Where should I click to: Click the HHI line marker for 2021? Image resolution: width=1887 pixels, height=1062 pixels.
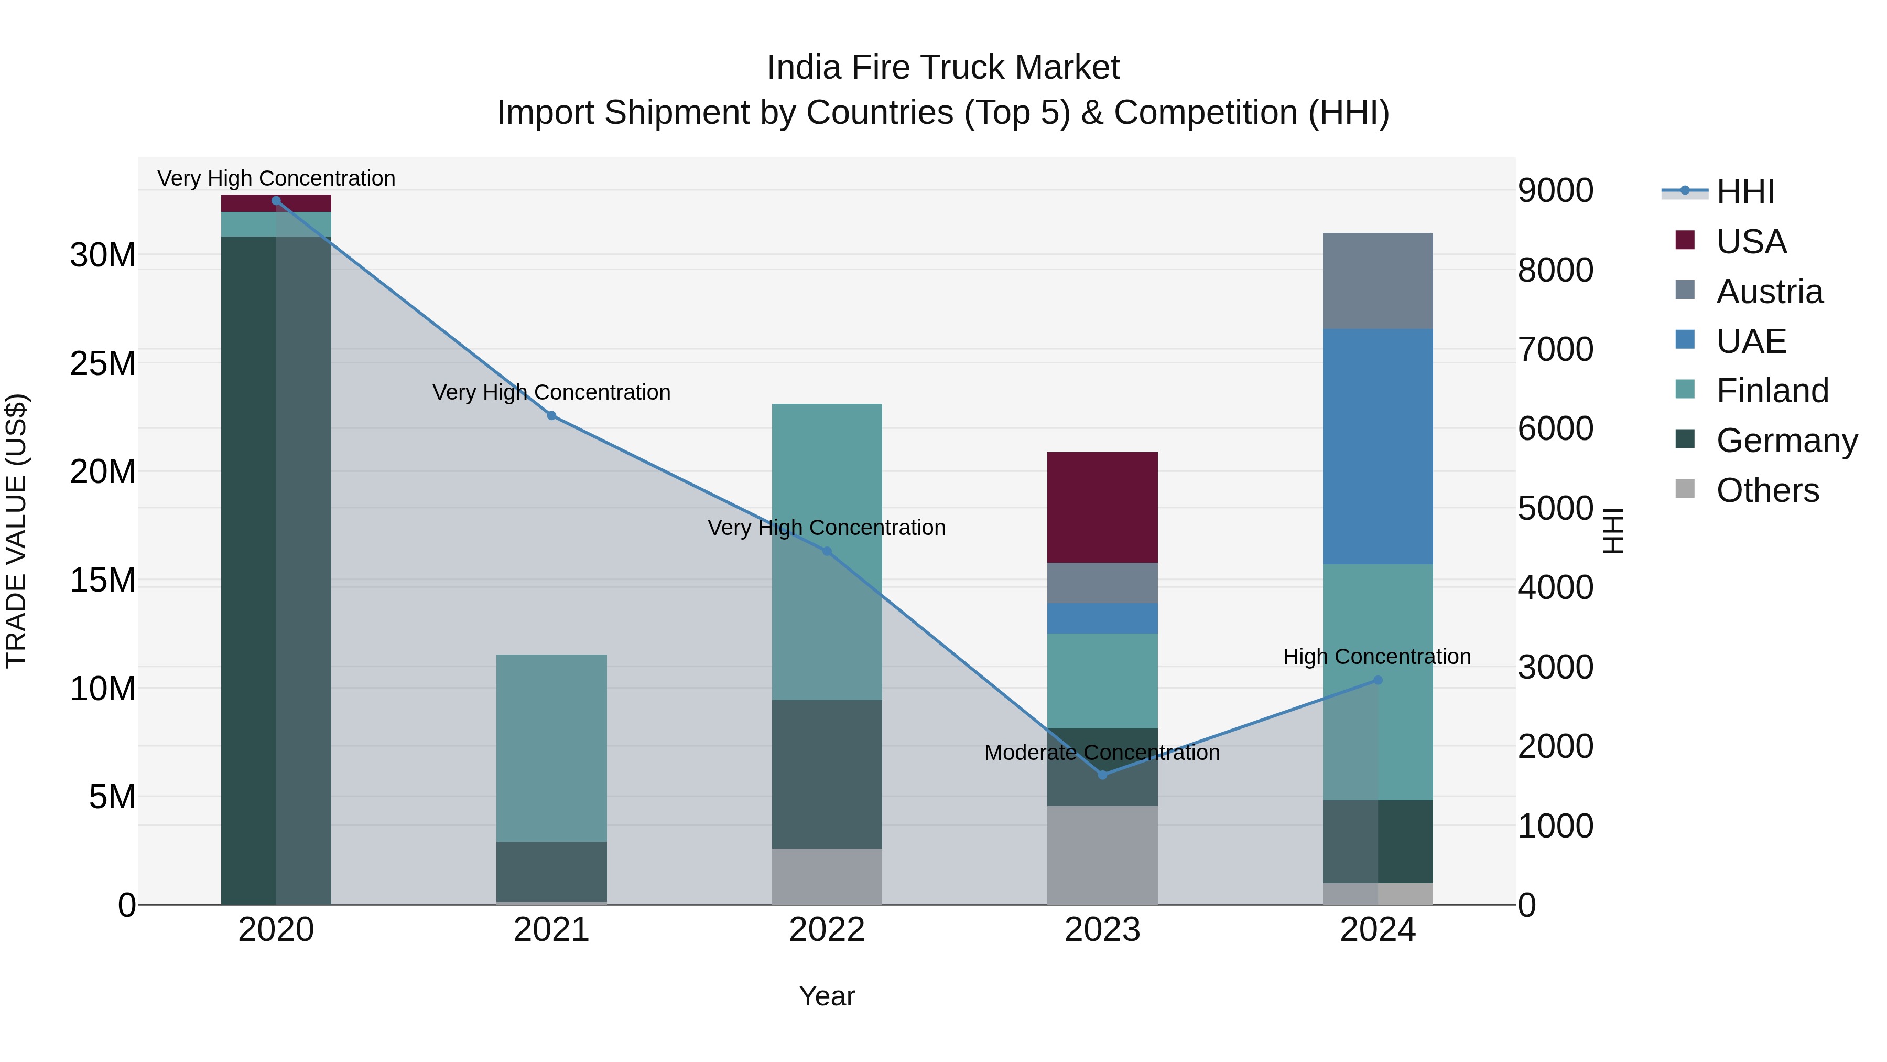pyautogui.click(x=551, y=415)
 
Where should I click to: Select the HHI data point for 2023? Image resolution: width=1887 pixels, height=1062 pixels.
pyautogui.click(x=1102, y=775)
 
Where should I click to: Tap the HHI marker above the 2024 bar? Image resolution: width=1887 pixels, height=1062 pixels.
pyautogui.click(x=1377, y=680)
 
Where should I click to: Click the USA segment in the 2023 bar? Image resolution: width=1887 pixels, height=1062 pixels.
pyautogui.click(x=1102, y=507)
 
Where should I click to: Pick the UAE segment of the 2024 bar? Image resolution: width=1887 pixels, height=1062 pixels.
pyautogui.click(x=1377, y=446)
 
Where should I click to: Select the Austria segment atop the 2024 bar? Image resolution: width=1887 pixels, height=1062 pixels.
pyautogui.click(x=1377, y=281)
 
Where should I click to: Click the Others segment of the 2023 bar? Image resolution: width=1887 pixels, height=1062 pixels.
pyautogui.click(x=1102, y=855)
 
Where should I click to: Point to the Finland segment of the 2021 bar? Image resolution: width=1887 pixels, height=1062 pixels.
pyautogui.click(x=551, y=747)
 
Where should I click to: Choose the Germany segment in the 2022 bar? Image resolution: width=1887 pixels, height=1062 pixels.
pyautogui.click(x=827, y=774)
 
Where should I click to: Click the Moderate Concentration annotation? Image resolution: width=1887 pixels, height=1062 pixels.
pyautogui.click(x=1102, y=753)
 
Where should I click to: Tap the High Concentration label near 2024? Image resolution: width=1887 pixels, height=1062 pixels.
pyautogui.click(x=1376, y=657)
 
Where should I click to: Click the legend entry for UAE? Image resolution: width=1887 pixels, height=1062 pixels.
pyautogui.click(x=1751, y=341)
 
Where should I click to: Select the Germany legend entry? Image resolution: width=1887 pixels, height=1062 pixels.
pyautogui.click(x=1786, y=441)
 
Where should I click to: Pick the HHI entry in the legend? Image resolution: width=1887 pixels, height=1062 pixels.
pyautogui.click(x=1745, y=192)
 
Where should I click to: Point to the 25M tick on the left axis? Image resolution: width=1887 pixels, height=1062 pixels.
pyautogui.click(x=103, y=363)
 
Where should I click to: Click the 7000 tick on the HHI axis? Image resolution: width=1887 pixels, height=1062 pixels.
pyautogui.click(x=1555, y=350)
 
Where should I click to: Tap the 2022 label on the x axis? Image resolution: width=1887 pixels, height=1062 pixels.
pyautogui.click(x=827, y=930)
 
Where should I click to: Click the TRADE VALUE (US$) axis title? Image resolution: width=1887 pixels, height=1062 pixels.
pyautogui.click(x=16, y=531)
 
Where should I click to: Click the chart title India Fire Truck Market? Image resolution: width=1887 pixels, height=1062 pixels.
pyautogui.click(x=943, y=68)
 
